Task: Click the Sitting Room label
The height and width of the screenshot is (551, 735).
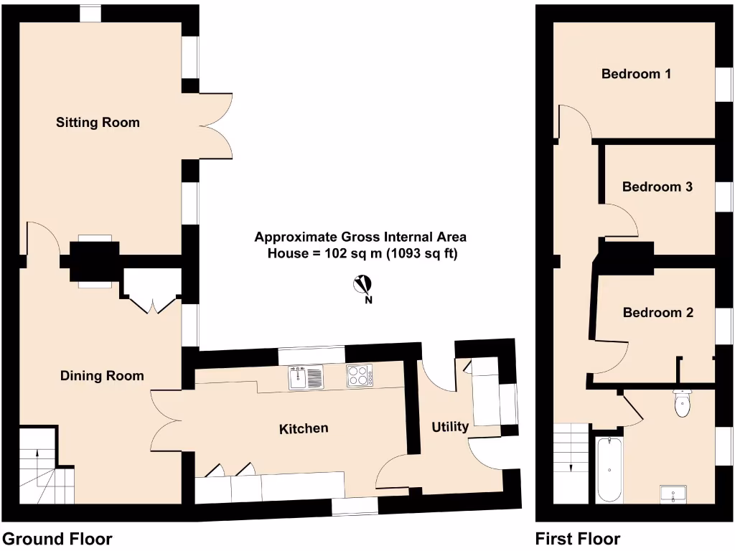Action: coord(98,123)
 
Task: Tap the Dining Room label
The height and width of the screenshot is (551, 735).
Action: coord(102,376)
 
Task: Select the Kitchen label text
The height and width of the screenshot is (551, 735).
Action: coord(304,428)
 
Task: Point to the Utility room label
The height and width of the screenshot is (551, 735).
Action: coord(450,427)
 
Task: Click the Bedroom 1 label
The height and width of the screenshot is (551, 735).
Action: coord(636,74)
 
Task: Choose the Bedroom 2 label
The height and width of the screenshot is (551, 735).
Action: coord(657,313)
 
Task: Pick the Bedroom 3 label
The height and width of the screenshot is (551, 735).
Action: coord(657,187)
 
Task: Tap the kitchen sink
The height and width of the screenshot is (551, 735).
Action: coord(306,377)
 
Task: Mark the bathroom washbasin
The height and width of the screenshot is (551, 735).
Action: coord(674,494)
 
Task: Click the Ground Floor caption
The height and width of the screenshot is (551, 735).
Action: coord(57,539)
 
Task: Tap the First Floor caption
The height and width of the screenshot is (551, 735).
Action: coord(578,539)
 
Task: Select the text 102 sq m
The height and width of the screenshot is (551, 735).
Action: coord(351,253)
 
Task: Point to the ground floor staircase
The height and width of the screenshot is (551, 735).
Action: coord(46,466)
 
